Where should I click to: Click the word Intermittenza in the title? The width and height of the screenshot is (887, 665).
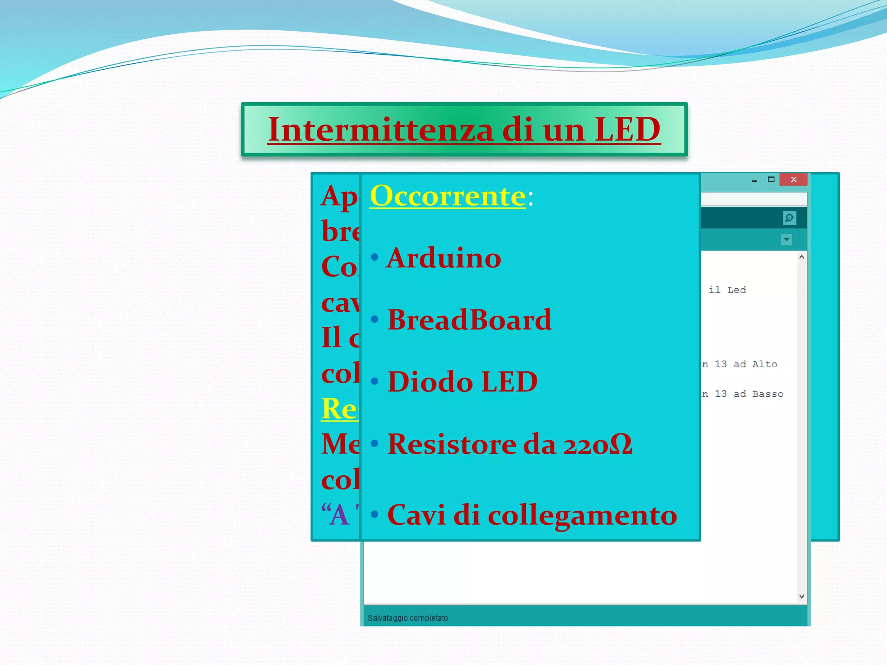pyautogui.click(x=380, y=129)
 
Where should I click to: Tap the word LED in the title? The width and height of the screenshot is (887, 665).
pyautogui.click(x=628, y=129)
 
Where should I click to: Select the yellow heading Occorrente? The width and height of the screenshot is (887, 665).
pyautogui.click(x=448, y=196)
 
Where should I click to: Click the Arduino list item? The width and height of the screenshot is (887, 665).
pyautogui.click(x=444, y=258)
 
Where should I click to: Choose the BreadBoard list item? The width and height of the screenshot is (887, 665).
pyautogui.click(x=469, y=320)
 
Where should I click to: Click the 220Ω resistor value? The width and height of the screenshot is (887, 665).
pyautogui.click(x=598, y=444)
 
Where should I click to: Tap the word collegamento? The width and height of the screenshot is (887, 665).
pyautogui.click(x=583, y=515)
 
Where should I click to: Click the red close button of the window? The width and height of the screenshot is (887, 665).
pyautogui.click(x=793, y=179)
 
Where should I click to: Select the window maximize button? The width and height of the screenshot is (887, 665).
pyautogui.click(x=771, y=179)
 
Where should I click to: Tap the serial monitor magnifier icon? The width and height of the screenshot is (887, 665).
pyautogui.click(x=789, y=218)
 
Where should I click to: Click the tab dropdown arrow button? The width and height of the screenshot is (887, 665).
pyautogui.click(x=787, y=239)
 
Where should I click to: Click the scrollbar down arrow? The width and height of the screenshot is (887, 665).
pyautogui.click(x=802, y=597)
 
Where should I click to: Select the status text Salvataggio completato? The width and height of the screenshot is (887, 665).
pyautogui.click(x=408, y=618)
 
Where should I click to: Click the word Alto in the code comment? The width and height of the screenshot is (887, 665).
pyautogui.click(x=764, y=364)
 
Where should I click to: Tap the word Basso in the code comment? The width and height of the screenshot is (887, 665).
pyautogui.click(x=767, y=394)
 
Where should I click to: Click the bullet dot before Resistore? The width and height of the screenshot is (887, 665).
pyautogui.click(x=375, y=443)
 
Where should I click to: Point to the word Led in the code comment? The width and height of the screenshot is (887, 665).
pyautogui.click(x=736, y=290)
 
